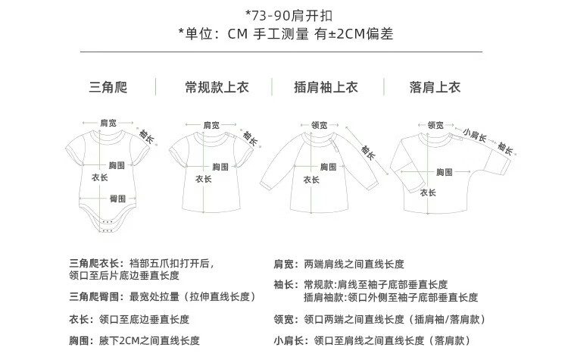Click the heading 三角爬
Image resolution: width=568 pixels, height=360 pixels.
click(x=109, y=87)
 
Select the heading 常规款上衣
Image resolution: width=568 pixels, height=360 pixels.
click(x=217, y=87)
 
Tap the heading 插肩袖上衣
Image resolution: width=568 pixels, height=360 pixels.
click(x=325, y=87)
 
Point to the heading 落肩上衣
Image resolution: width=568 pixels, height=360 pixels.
click(x=434, y=87)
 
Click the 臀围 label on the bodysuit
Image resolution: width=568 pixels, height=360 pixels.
click(x=117, y=198)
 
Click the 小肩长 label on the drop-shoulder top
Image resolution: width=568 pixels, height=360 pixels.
click(x=475, y=136)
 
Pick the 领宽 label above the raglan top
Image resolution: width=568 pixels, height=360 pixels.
click(x=319, y=125)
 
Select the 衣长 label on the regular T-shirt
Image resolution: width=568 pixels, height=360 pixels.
click(x=204, y=180)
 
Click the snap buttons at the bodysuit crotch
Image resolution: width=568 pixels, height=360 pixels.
click(x=108, y=227)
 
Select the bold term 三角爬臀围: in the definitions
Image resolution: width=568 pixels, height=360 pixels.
click(x=95, y=296)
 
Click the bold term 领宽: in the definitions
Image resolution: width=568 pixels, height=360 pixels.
click(x=286, y=319)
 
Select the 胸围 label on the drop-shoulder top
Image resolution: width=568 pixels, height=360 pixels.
click(x=445, y=173)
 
